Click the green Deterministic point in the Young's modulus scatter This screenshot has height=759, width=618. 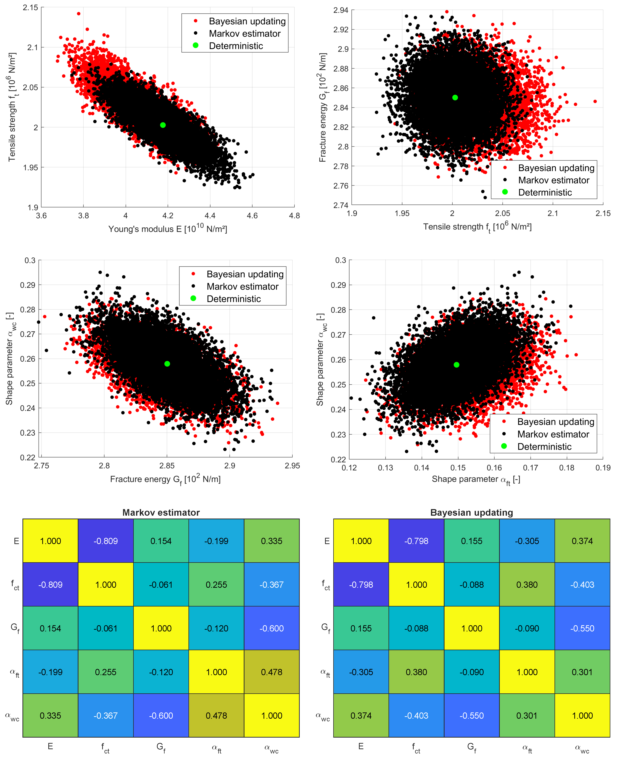[163, 125]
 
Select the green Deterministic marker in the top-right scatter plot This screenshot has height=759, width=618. [455, 98]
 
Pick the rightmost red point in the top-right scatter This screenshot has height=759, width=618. [595, 101]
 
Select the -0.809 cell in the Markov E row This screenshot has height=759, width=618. [106, 541]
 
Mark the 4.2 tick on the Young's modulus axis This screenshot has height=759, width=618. [168, 215]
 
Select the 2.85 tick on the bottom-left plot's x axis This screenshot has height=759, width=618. [167, 466]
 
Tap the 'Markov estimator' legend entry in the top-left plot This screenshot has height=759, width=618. [245, 34]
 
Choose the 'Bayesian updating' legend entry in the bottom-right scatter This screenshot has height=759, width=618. [555, 422]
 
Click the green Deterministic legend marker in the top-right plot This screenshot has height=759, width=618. [505, 192]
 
